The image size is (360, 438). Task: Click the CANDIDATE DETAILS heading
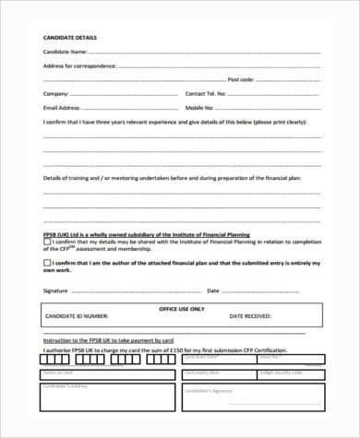70,37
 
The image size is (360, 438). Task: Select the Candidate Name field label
68,52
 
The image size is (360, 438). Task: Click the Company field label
56,93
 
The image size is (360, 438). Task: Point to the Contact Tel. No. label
207,93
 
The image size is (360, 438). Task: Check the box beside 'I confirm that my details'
47,243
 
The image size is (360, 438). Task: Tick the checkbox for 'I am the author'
47,263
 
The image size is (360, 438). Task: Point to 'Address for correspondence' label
80,65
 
